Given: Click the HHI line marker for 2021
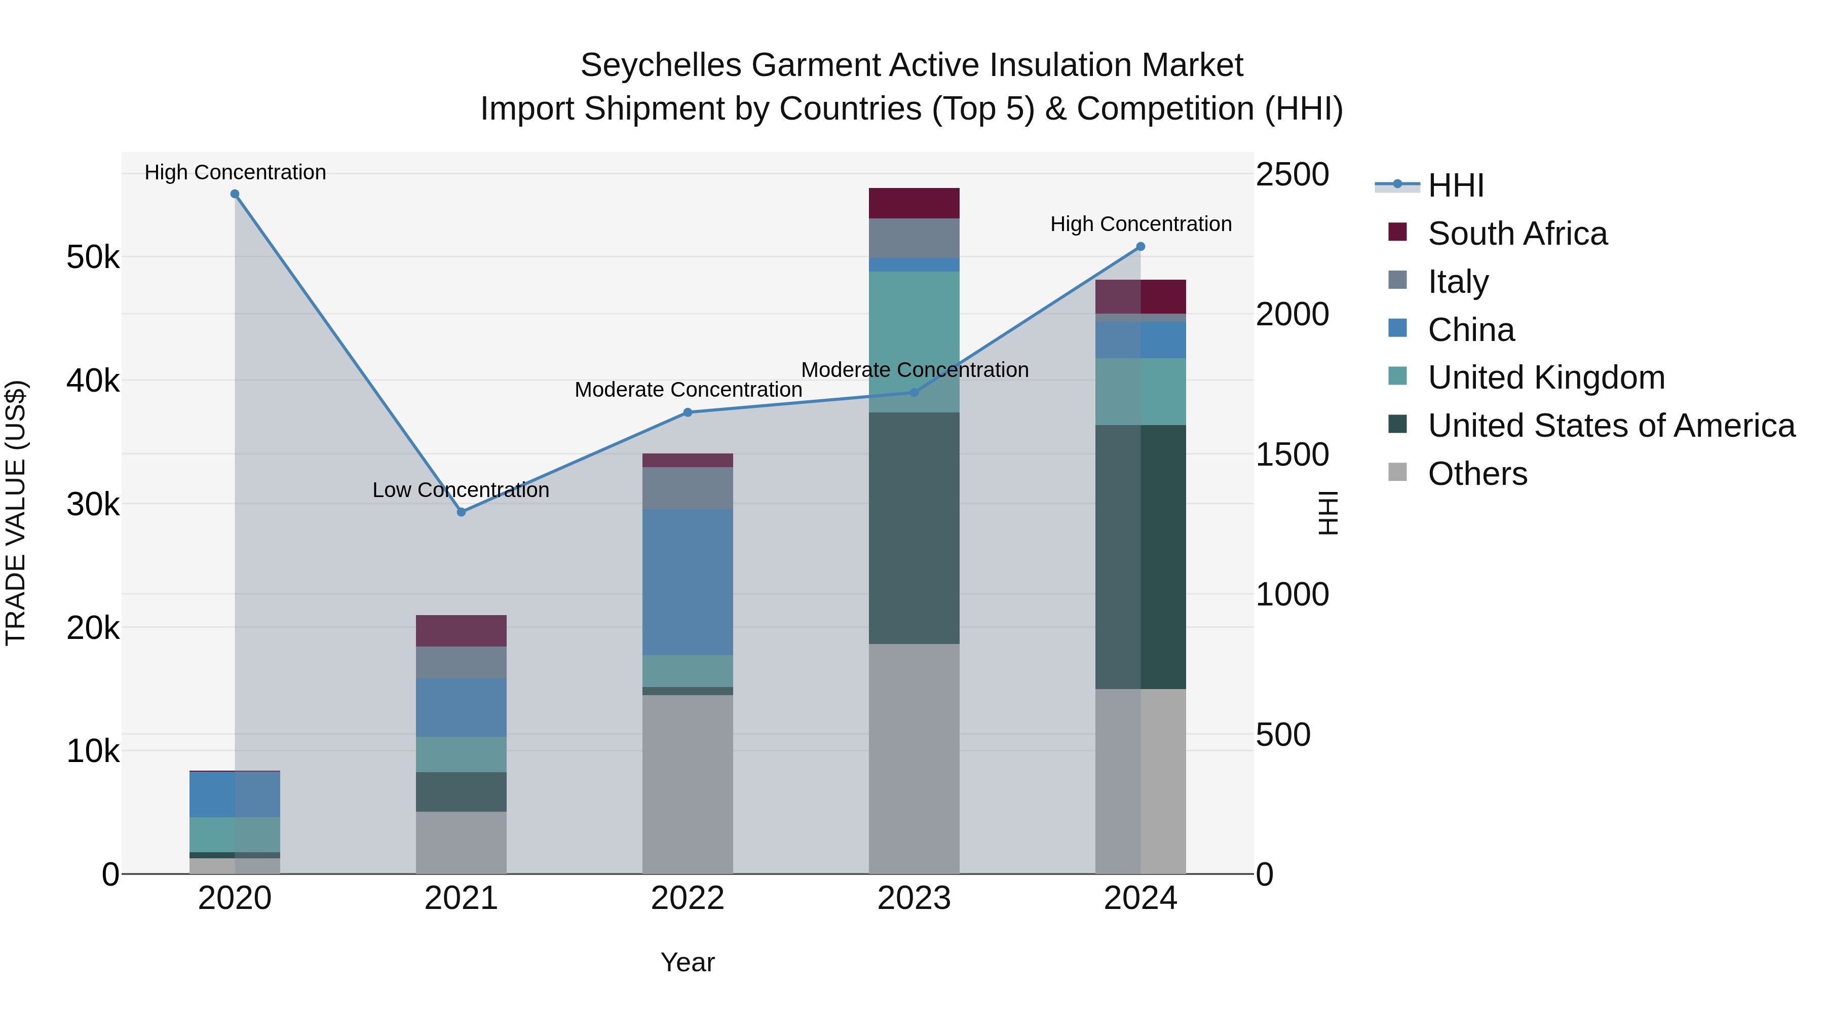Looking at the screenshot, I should pyautogui.click(x=461, y=512).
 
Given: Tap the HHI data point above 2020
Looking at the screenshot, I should pyautogui.click(x=235, y=194).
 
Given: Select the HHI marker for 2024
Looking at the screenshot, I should pyautogui.click(x=1140, y=246).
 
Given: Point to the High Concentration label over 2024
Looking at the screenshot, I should pyautogui.click(x=1140, y=224).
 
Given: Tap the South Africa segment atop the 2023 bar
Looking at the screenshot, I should pyautogui.click(x=914, y=203).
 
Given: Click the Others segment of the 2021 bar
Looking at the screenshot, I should pyautogui.click(x=461, y=842).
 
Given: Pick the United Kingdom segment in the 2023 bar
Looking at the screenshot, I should pyautogui.click(x=914, y=341).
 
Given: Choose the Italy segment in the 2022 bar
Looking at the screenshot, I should pyautogui.click(x=687, y=488).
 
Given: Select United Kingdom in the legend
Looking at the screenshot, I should pyautogui.click(x=1546, y=377).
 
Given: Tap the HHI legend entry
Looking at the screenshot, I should pyautogui.click(x=1455, y=185).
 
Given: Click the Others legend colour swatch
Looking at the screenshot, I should pyautogui.click(x=1397, y=472).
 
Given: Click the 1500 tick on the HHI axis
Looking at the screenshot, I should pyautogui.click(x=1291, y=454).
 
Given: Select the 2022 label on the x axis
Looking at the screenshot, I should pyautogui.click(x=687, y=898).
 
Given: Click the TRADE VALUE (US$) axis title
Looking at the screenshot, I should pyautogui.click(x=16, y=513).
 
